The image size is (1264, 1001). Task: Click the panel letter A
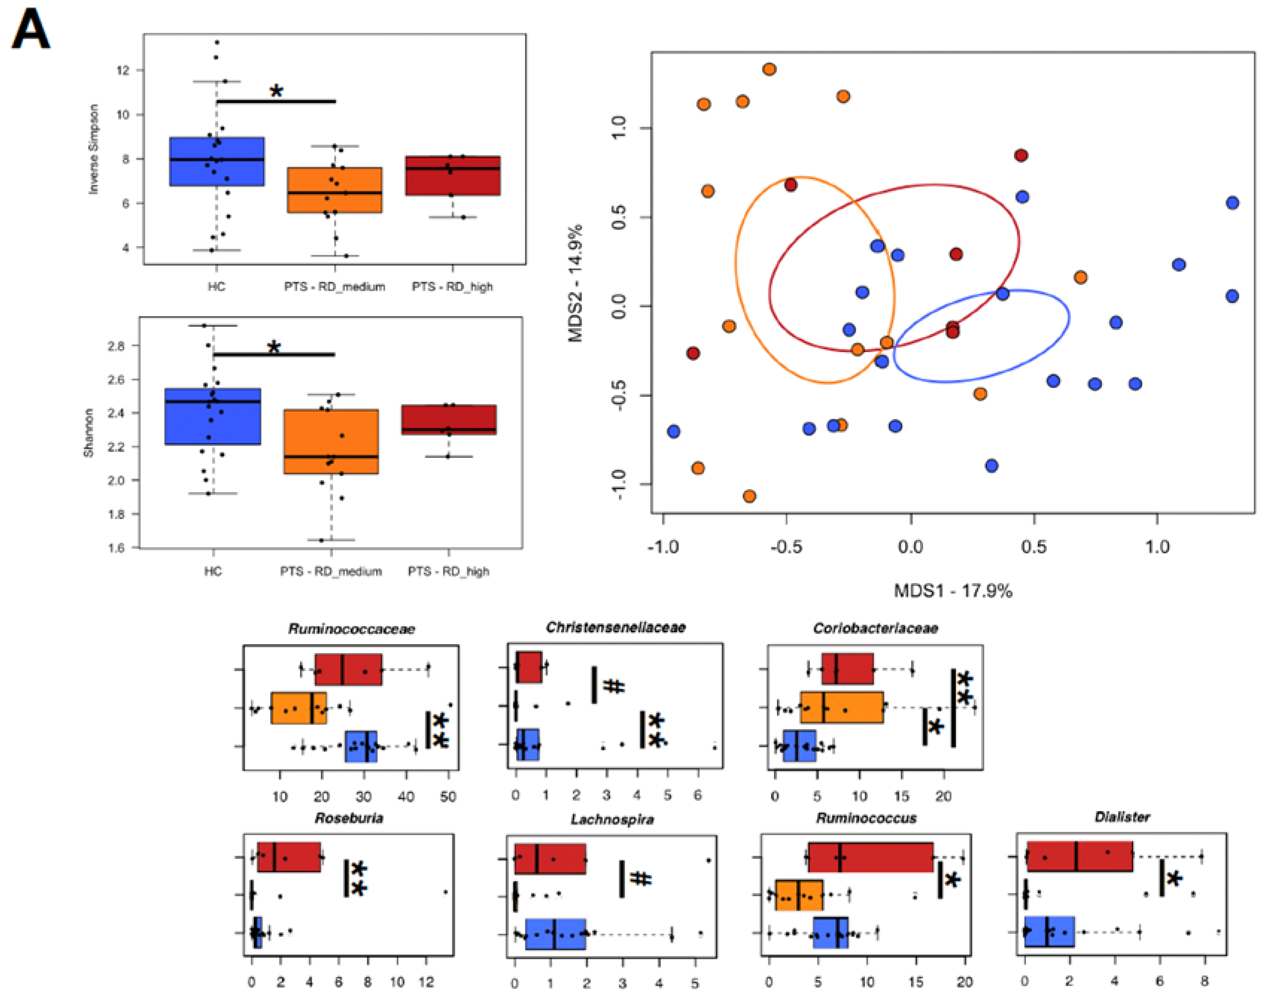coord(31,29)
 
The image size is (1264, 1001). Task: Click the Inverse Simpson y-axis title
coord(93,149)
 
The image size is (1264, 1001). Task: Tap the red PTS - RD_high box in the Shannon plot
coord(449,419)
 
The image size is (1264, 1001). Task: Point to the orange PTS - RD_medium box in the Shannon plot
coord(331,441)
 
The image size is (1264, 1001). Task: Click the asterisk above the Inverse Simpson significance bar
coord(276,91)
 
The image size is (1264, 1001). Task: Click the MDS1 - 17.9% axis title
coord(953,591)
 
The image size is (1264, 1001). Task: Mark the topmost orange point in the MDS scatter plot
coord(769,69)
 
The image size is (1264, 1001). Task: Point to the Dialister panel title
coord(1122,817)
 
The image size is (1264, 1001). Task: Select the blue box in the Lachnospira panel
coord(555,934)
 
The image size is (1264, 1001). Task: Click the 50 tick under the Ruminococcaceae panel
coord(448,797)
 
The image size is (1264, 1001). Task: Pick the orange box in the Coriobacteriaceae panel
coord(842,707)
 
